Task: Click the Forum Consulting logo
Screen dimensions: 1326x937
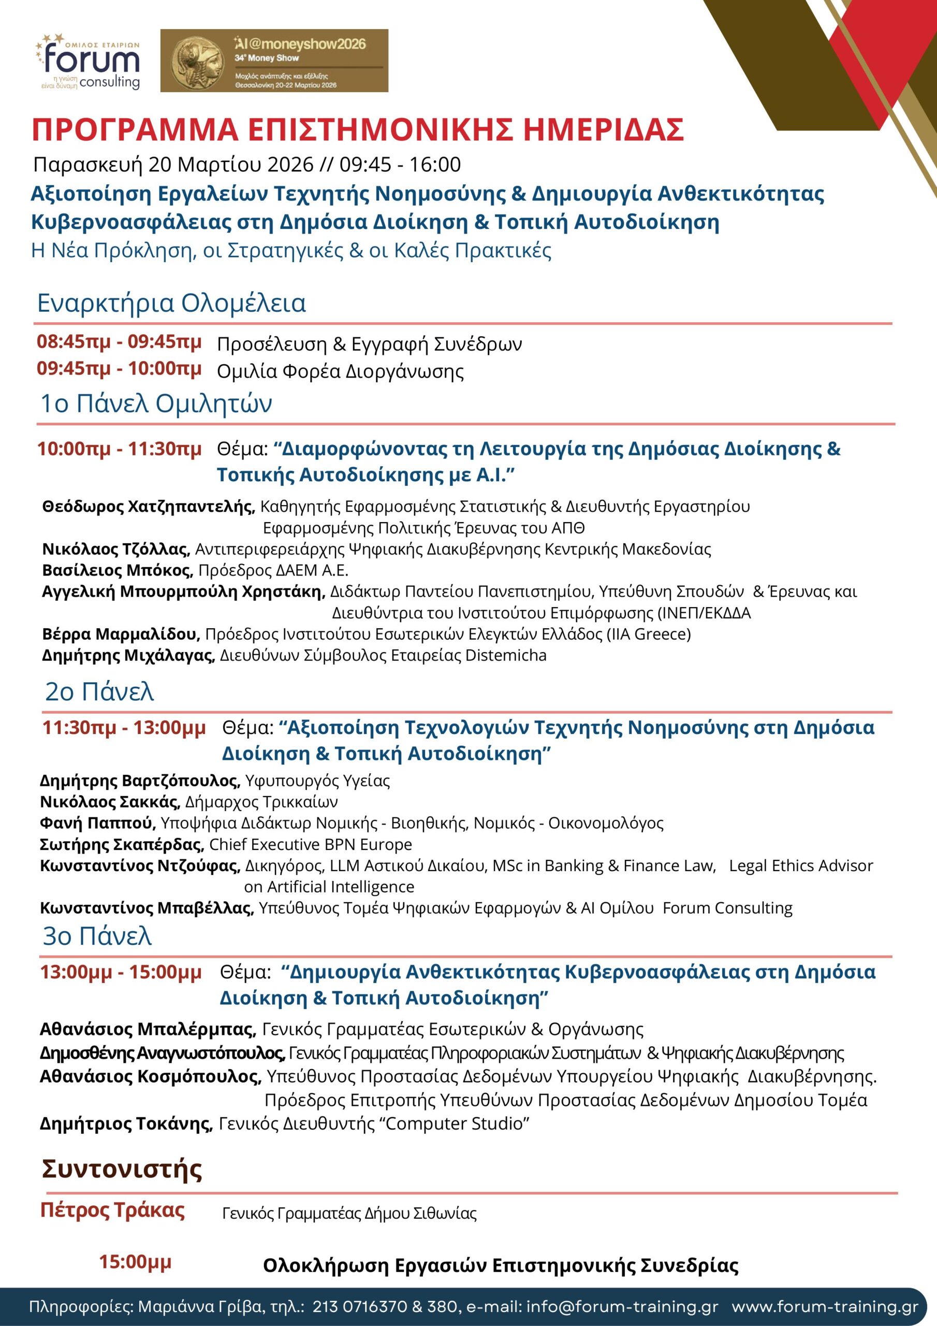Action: point(90,61)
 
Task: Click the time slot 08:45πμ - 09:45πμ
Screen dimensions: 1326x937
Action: point(119,342)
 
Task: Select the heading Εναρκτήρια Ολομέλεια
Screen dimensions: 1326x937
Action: point(171,303)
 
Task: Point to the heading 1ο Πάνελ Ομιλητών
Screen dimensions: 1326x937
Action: point(156,403)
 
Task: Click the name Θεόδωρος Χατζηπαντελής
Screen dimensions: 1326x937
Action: point(149,507)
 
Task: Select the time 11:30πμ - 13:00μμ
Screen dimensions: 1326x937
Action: point(124,728)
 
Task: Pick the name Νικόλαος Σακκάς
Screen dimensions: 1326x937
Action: point(110,802)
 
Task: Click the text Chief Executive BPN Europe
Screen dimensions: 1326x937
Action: point(311,844)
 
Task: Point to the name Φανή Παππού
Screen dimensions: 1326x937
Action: point(97,823)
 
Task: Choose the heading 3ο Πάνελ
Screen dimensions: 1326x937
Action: point(97,935)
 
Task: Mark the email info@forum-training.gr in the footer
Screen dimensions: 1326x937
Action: point(623,1307)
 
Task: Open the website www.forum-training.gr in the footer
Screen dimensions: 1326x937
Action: point(825,1307)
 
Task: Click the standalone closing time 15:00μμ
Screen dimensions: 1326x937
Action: point(135,1262)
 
